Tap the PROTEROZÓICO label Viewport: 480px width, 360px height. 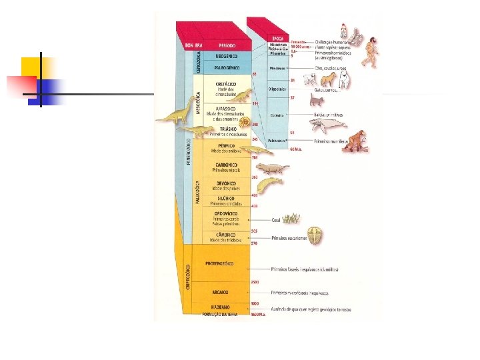[219, 263]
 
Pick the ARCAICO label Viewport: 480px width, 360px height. [220, 292]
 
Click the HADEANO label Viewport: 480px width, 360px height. [220, 307]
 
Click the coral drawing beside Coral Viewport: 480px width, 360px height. [291, 218]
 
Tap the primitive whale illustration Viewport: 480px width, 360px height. [329, 124]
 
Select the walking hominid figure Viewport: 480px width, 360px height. [371, 53]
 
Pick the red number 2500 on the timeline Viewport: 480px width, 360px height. [255, 283]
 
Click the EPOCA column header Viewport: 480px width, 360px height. [278, 39]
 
